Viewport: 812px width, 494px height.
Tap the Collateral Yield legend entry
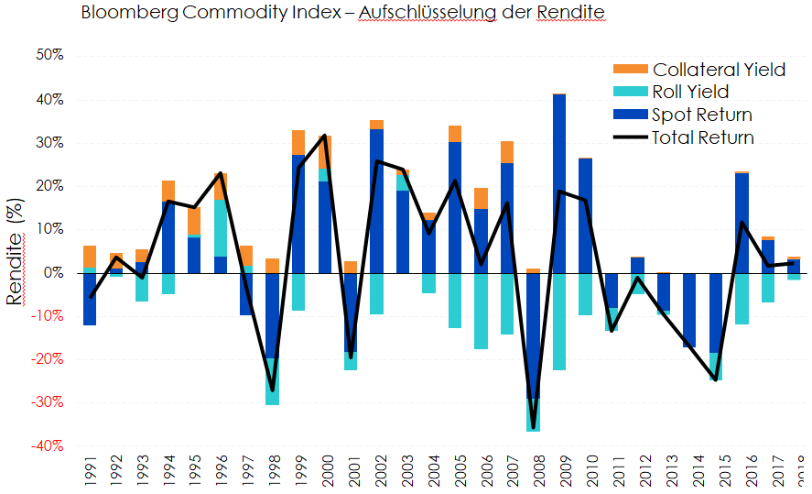(x=719, y=70)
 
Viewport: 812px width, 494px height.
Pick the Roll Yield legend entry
(x=690, y=92)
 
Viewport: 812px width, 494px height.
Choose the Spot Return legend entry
(x=702, y=115)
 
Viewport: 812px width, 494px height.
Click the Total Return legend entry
(x=703, y=137)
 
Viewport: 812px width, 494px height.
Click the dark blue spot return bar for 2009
(x=559, y=183)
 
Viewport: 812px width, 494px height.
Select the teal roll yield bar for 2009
(x=559, y=322)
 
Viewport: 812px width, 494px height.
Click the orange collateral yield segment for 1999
(x=298, y=142)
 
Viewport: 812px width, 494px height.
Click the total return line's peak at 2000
(x=325, y=136)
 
